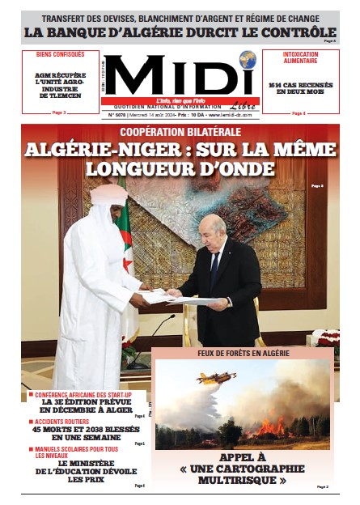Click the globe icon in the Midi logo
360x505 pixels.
coord(248,59)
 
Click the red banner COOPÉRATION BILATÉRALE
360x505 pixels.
coord(180,131)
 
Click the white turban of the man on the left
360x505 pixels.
coord(108,194)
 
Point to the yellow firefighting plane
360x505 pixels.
coord(214,377)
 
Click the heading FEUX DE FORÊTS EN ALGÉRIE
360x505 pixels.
coord(244,354)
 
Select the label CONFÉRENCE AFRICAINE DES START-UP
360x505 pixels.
coord(83,394)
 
